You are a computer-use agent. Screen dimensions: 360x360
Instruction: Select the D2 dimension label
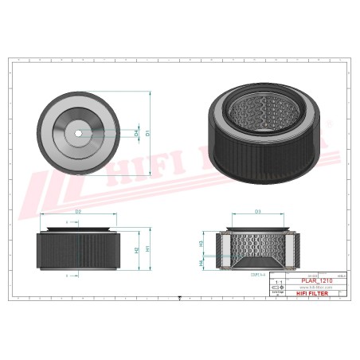coord(78,212)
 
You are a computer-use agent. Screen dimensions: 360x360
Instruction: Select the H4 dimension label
coord(201,260)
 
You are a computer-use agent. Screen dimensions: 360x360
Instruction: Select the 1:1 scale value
coord(276,282)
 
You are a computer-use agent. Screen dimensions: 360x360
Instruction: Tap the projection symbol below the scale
coord(276,289)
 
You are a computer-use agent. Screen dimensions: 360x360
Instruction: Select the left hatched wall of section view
coord(221,248)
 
